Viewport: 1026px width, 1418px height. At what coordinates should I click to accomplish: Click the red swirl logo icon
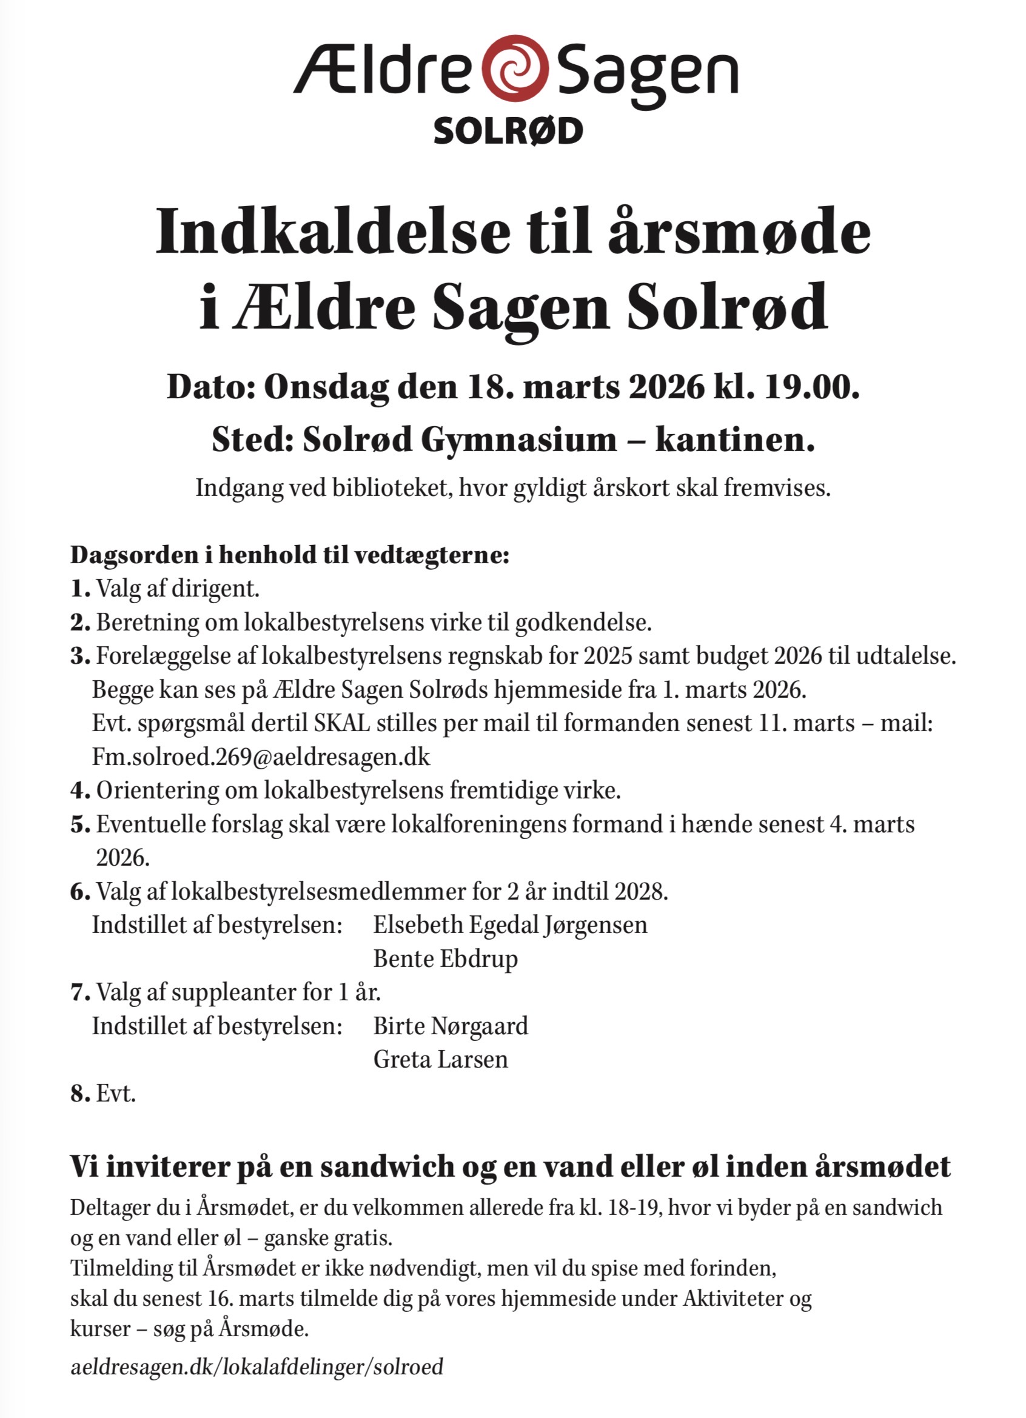coord(517,68)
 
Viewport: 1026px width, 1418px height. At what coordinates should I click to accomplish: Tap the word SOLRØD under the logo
coord(508,132)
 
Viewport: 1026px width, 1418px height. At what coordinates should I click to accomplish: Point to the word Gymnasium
coord(518,440)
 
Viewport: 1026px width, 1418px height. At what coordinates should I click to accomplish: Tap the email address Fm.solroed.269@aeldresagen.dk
coord(261,757)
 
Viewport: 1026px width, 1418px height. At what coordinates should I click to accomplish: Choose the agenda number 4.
coord(79,791)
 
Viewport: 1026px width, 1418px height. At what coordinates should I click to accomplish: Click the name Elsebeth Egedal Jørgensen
coord(510,925)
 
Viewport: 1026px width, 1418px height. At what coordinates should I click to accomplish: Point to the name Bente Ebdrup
coord(445,958)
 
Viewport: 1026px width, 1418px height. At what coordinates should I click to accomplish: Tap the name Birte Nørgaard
coord(451,1026)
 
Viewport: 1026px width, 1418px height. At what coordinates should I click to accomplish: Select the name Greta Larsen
coord(441,1059)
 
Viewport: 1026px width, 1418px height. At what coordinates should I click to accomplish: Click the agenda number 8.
coord(79,1094)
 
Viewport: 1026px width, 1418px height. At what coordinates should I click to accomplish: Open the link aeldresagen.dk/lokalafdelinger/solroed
coord(257,1366)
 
